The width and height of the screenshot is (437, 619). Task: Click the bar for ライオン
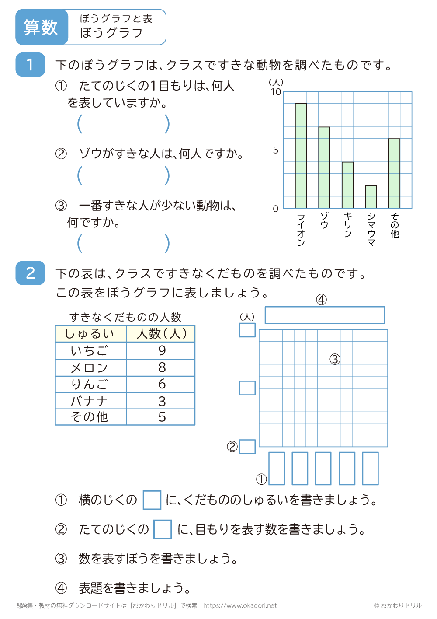click(x=301, y=156)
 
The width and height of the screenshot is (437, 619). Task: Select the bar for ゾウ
click(x=324, y=168)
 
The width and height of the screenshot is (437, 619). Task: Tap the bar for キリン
click(x=347, y=185)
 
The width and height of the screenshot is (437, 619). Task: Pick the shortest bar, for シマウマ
click(x=371, y=197)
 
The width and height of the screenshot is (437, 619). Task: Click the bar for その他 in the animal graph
click(x=394, y=173)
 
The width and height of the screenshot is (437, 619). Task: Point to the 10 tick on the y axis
click(x=276, y=92)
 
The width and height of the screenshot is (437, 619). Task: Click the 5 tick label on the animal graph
click(x=275, y=150)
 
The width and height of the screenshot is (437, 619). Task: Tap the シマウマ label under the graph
click(x=371, y=229)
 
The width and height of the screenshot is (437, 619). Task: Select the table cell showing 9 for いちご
click(x=161, y=350)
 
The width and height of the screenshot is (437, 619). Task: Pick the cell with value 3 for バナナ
click(x=161, y=401)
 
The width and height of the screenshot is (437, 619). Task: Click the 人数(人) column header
click(x=161, y=334)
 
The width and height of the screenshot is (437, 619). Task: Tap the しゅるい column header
click(x=90, y=334)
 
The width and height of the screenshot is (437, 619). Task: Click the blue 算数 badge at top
click(x=41, y=27)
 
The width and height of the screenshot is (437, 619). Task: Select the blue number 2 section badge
click(x=30, y=273)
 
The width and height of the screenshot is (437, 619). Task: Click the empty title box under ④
click(x=324, y=315)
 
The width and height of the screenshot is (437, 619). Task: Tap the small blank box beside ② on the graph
click(x=247, y=447)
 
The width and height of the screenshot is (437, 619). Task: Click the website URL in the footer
click(x=240, y=605)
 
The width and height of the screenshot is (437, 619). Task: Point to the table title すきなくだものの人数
click(x=125, y=317)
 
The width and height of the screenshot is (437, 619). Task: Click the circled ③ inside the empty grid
click(x=335, y=359)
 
